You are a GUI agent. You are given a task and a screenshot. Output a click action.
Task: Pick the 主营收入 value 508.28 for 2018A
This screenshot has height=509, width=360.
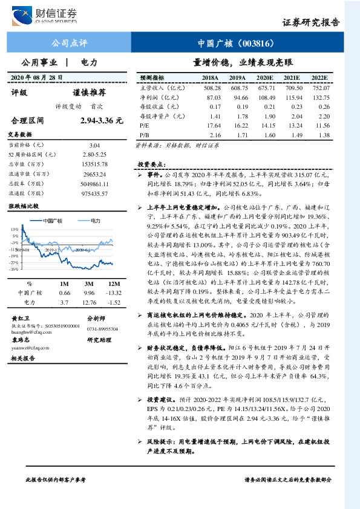pyautogui.click(x=211, y=88)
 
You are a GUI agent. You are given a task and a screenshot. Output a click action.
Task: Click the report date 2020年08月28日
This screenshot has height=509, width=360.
pyautogui.click(x=37, y=78)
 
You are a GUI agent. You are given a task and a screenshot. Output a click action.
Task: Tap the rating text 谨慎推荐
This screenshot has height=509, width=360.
pyautogui.click(x=89, y=92)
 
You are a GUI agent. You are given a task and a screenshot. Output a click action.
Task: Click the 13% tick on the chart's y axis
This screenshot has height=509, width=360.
pyautogui.click(x=14, y=230)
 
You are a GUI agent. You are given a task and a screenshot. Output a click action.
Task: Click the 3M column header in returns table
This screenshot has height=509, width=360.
pyautogui.click(x=88, y=284)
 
